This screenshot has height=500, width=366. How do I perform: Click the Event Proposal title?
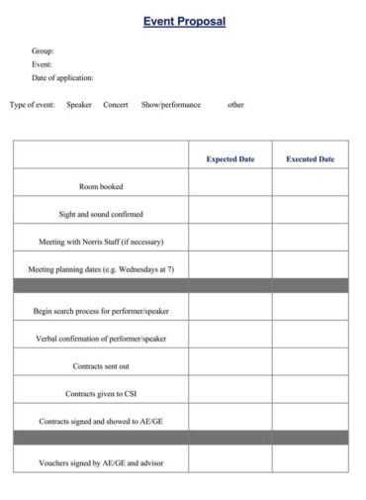(x=184, y=22)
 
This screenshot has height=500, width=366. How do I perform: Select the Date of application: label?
(x=62, y=77)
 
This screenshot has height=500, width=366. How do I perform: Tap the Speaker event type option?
(x=79, y=105)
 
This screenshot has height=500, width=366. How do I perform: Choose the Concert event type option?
(x=116, y=105)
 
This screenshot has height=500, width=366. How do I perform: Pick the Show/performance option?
(x=170, y=105)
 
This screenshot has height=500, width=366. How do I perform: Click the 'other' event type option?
(x=235, y=105)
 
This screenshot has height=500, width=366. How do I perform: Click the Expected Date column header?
(x=230, y=158)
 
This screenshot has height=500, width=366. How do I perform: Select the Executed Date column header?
(x=310, y=158)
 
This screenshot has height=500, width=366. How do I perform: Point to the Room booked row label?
(x=101, y=186)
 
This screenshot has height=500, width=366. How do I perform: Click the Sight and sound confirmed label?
(x=101, y=214)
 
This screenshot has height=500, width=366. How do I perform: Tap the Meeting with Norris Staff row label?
(x=101, y=242)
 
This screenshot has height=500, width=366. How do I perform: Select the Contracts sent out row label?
(x=101, y=366)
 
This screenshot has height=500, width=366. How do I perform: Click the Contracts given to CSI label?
(x=101, y=394)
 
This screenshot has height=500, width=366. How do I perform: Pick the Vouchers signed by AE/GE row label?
(x=101, y=463)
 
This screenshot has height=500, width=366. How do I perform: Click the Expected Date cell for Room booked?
(x=230, y=186)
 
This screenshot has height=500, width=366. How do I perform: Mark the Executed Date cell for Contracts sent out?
(x=310, y=366)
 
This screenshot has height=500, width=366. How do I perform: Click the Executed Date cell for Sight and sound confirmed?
(x=310, y=214)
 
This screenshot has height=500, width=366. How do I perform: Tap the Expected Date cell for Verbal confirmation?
(x=230, y=339)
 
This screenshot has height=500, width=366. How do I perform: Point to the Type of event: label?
(x=33, y=105)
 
